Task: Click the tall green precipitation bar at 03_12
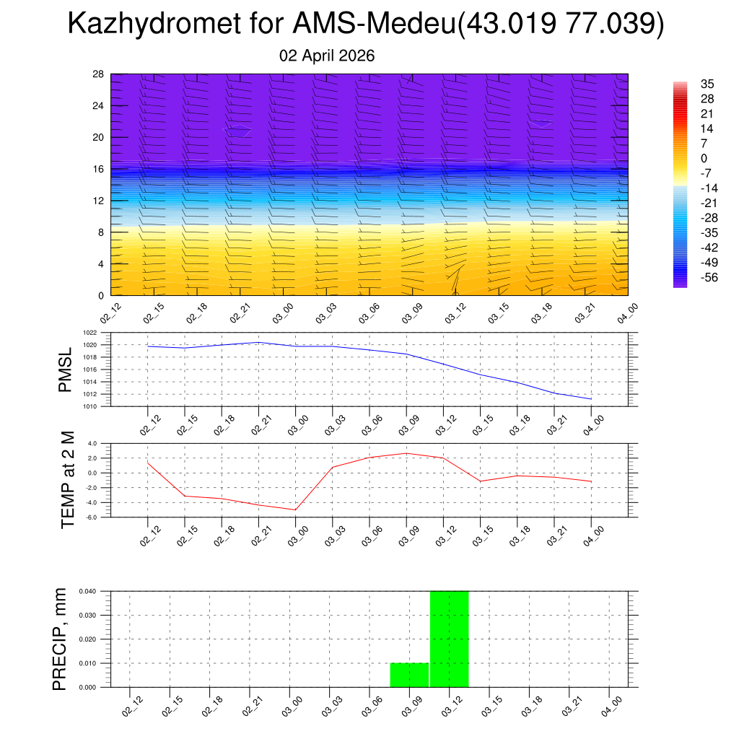(x=449, y=639)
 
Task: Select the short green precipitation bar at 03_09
(x=409, y=675)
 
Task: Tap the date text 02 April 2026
(x=327, y=56)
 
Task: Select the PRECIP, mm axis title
(x=60, y=639)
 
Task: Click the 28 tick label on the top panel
(x=99, y=74)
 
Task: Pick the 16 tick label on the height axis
(x=99, y=169)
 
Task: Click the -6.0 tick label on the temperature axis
(x=92, y=517)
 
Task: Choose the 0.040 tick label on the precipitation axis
(x=87, y=591)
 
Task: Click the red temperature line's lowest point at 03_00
(x=295, y=510)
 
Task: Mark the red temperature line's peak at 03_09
(x=406, y=453)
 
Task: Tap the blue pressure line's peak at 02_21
(x=258, y=342)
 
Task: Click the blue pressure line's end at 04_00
(x=591, y=399)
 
